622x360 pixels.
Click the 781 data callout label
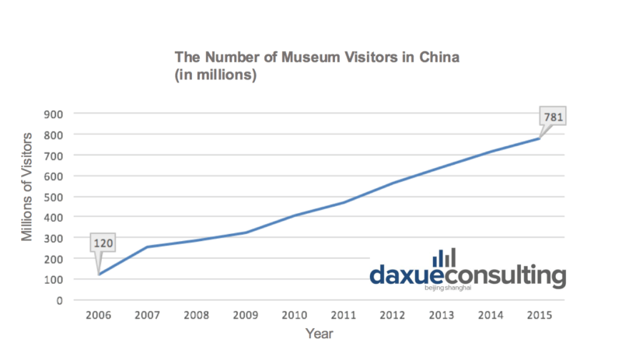coord(553,118)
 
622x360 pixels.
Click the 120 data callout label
coord(103,243)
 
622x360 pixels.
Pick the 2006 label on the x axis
coord(98,316)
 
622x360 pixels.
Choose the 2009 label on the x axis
coord(246,316)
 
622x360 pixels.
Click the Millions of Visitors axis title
coord(27,187)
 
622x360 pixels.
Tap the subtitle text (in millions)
coord(214,76)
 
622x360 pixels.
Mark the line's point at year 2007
coord(147,247)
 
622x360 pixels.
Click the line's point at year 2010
coord(295,215)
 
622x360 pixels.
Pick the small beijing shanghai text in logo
coord(449,288)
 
